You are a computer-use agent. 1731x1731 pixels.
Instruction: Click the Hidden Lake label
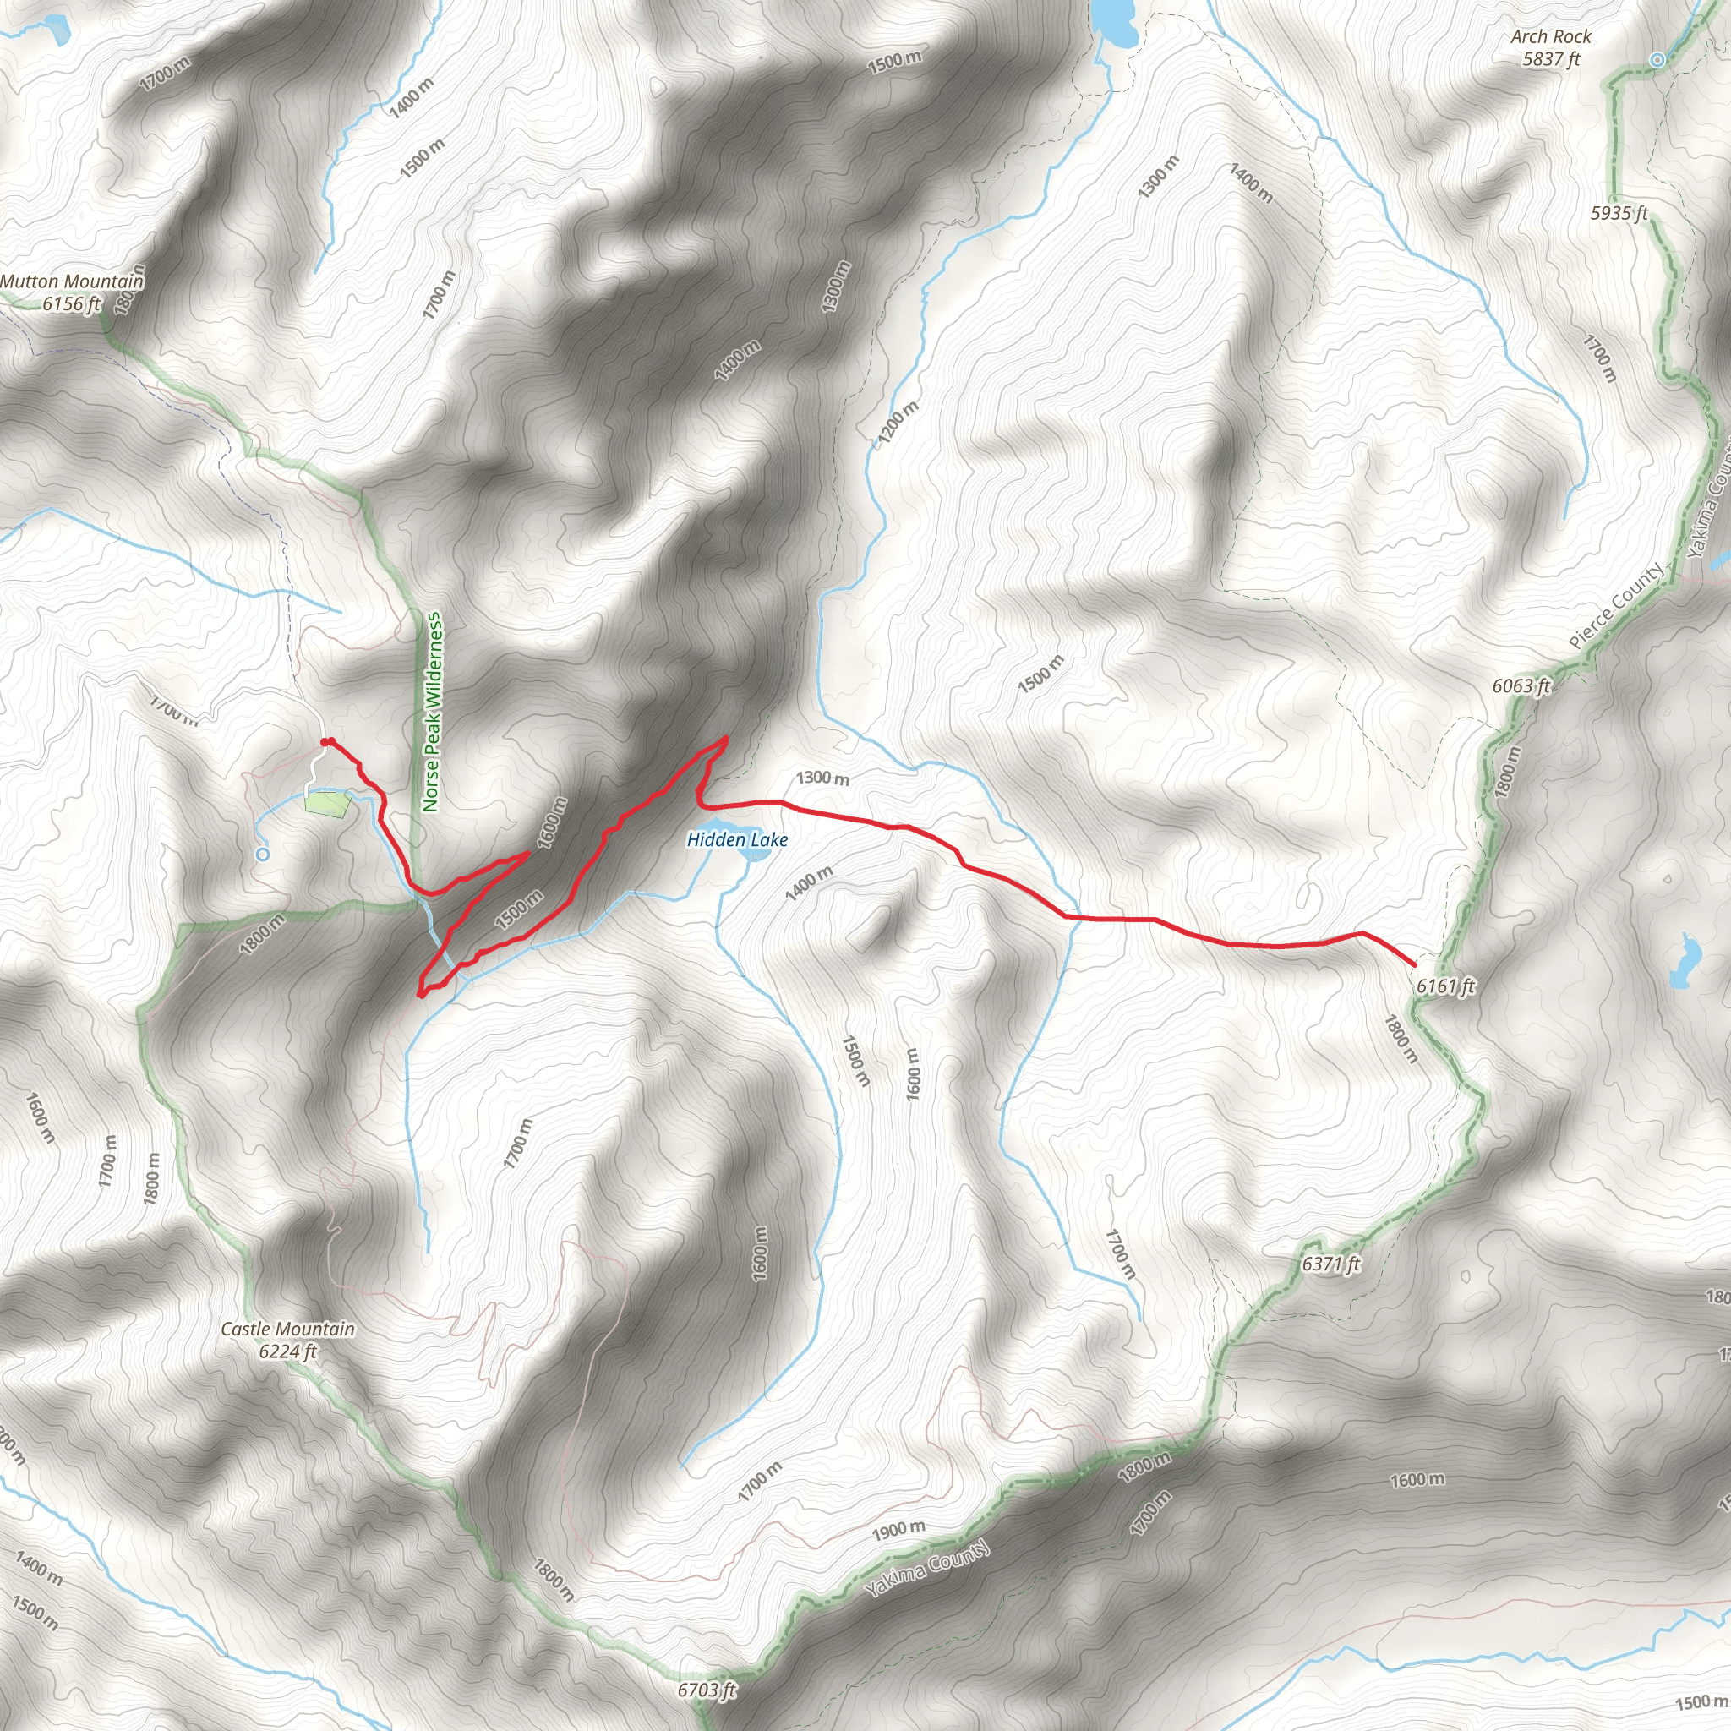(736, 839)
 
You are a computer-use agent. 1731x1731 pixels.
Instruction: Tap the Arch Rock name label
(1550, 36)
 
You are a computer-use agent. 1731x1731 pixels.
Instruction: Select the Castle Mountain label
(287, 1329)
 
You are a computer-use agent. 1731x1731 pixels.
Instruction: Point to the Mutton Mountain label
(72, 281)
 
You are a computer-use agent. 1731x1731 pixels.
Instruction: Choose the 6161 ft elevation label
(1445, 986)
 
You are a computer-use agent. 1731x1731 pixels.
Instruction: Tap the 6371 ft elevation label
(1330, 1264)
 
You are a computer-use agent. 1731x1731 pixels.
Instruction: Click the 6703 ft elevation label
(707, 1690)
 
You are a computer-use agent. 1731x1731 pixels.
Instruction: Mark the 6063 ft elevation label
(1521, 685)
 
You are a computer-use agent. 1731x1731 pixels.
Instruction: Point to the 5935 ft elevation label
(1619, 213)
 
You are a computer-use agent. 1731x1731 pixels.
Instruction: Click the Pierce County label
(1617, 606)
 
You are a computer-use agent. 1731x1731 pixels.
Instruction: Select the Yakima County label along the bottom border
(927, 1570)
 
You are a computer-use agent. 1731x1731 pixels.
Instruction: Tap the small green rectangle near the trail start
(326, 803)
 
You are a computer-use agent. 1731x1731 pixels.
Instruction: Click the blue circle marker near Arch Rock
(1657, 60)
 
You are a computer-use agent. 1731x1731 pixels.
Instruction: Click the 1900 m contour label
(898, 1529)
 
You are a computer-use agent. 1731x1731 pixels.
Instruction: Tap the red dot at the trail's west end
(327, 742)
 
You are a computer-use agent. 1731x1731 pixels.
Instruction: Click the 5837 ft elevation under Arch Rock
(1551, 59)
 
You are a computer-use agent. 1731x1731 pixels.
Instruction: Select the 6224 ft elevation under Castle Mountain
(287, 1351)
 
